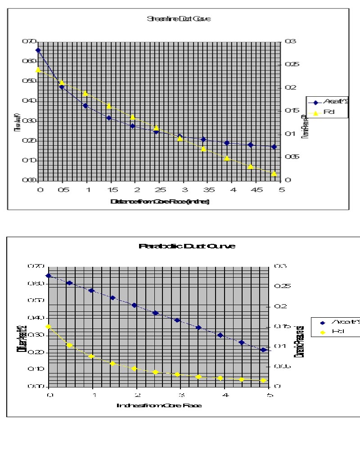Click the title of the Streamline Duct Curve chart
pos(179,19)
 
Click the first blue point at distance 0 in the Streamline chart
pos(38,50)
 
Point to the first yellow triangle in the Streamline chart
pos(38,70)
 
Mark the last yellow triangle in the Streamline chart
pos(274,173)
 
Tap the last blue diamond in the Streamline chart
pos(274,147)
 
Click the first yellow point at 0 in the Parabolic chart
pos(49,327)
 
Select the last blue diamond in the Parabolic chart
pos(264,350)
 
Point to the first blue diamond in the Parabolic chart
pos(49,275)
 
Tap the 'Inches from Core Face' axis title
pos(159,405)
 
